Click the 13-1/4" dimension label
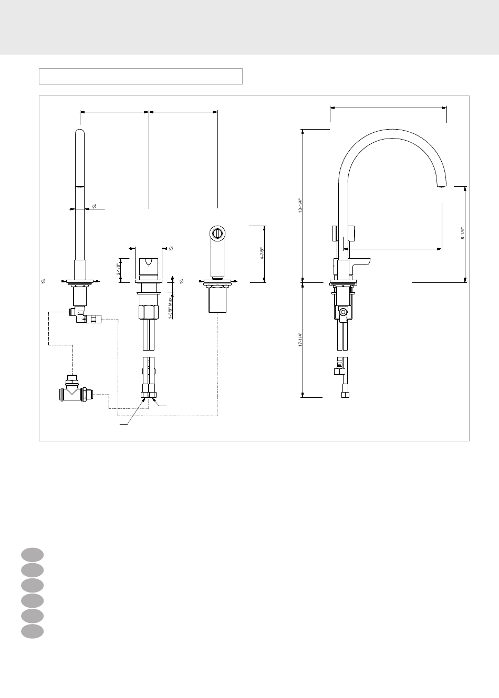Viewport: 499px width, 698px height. point(300,205)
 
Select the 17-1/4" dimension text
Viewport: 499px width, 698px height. point(300,340)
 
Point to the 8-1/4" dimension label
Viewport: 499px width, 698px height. point(463,233)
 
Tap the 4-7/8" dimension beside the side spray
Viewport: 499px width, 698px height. point(262,253)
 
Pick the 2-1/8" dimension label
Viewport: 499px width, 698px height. point(118,269)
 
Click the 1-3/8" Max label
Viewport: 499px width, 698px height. point(170,307)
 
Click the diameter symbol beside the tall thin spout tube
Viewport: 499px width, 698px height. point(94,206)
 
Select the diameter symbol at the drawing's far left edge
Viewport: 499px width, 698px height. point(44,281)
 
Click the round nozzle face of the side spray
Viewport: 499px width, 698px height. point(217,233)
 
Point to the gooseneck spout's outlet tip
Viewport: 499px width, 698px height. point(442,186)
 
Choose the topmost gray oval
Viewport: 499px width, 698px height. point(33,555)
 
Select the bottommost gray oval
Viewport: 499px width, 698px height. point(33,631)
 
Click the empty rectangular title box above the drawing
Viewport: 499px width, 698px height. point(141,76)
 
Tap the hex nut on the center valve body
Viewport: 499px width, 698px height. point(149,312)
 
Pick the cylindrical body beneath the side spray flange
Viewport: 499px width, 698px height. point(217,300)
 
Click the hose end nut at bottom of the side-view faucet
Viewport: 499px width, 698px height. point(345,395)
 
